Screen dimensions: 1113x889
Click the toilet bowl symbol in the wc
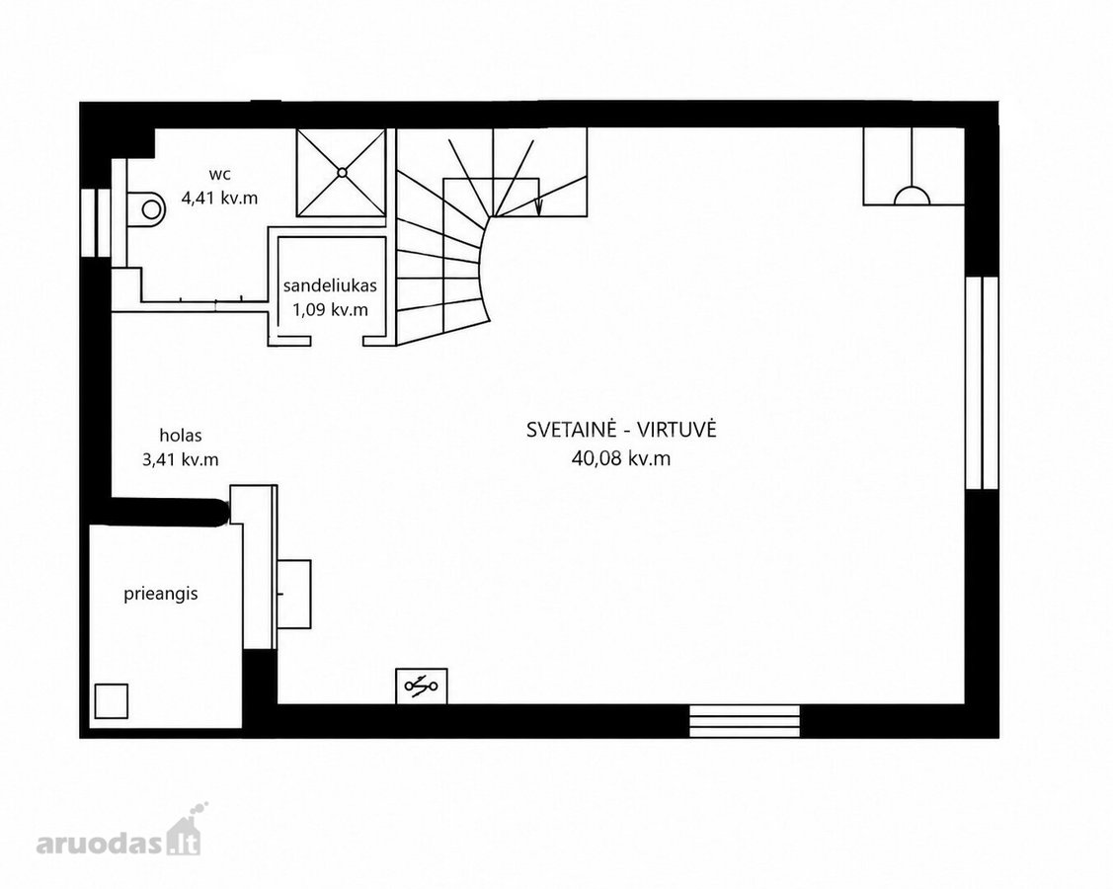146,208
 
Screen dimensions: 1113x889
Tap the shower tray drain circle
342,172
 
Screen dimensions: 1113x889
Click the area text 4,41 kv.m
219,198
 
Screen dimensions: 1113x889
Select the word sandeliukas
330,285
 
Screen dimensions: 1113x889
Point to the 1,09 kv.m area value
330,309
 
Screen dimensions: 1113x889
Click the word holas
181,436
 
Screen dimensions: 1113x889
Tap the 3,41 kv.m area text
181,459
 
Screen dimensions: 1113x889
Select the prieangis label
160,594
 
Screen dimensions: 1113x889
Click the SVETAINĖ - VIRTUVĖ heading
621,430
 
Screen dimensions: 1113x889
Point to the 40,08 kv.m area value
621,458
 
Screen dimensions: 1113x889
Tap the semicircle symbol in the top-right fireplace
912,196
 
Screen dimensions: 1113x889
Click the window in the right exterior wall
983,382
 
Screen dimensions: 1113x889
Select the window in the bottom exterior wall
745,721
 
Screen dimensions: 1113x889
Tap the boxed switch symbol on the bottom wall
422,686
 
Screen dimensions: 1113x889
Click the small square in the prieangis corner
111,701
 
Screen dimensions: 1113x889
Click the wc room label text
219,174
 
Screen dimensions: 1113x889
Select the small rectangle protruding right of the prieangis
294,594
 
